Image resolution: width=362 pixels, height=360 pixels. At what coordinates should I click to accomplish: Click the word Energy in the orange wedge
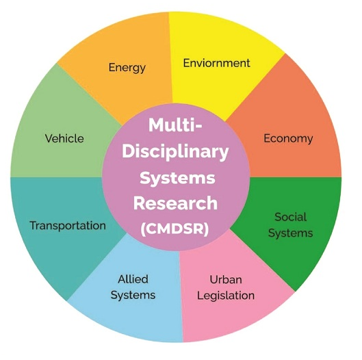127,68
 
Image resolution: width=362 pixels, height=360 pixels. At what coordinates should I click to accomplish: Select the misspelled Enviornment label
216,63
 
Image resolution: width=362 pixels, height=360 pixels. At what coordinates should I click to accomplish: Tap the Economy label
288,139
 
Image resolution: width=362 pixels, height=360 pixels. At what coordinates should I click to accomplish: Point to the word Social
290,217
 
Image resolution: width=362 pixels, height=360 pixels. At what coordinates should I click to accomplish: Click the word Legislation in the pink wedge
226,296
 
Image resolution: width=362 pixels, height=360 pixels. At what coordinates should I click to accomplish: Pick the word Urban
226,280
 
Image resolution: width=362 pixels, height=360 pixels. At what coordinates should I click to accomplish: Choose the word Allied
133,279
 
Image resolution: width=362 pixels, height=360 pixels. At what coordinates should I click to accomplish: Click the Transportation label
68,226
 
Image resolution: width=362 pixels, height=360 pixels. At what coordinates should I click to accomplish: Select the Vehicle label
64,138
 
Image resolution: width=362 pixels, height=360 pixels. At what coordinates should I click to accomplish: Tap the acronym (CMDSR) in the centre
174,229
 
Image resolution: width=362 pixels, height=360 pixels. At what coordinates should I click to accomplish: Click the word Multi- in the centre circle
175,125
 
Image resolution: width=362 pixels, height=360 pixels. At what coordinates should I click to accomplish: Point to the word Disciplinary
175,152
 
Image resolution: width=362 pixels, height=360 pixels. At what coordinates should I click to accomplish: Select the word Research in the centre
175,203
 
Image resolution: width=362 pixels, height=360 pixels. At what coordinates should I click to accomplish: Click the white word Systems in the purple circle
177,179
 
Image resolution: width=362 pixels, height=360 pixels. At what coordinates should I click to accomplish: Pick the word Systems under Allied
133,296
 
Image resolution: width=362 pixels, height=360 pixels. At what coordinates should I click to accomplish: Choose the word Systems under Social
290,233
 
